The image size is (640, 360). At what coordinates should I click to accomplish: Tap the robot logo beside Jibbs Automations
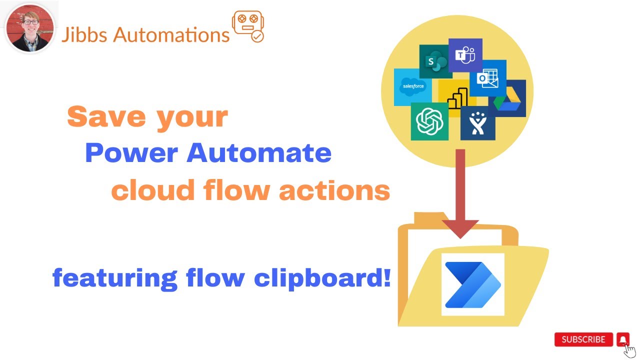pyautogui.click(x=248, y=27)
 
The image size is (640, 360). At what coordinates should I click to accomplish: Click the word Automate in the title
pyautogui.click(x=259, y=153)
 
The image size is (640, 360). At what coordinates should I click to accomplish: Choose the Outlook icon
pyautogui.click(x=488, y=79)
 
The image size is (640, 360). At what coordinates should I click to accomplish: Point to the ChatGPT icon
pyautogui.click(x=429, y=121)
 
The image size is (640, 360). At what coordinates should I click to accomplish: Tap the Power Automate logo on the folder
pyautogui.click(x=472, y=284)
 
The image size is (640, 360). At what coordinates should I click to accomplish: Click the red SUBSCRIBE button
pyautogui.click(x=583, y=339)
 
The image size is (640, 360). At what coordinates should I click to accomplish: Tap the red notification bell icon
pyautogui.click(x=622, y=339)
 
